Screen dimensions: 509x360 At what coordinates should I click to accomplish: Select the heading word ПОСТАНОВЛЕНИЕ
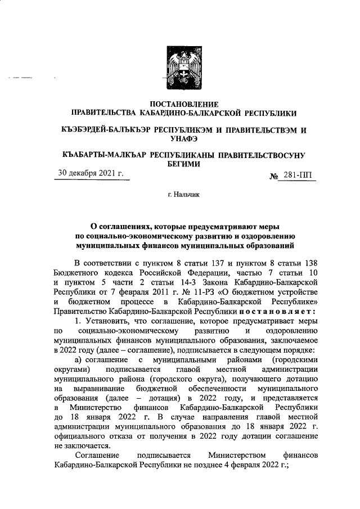[179, 103]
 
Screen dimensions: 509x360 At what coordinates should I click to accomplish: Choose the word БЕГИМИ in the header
[179, 163]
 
